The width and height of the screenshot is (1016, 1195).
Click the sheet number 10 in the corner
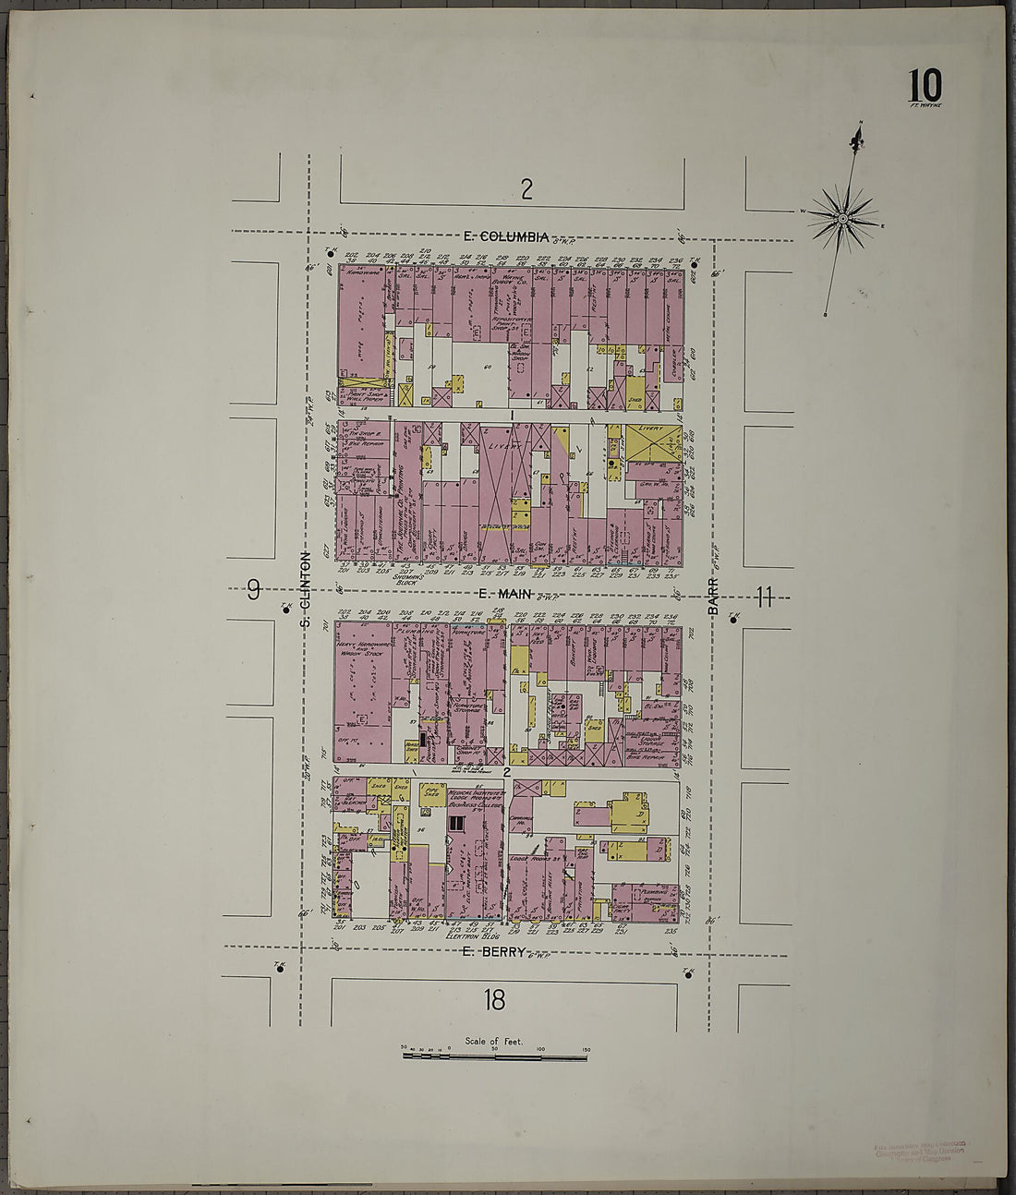point(925,87)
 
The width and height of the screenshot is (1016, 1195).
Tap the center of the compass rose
point(842,219)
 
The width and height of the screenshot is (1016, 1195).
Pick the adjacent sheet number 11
point(763,597)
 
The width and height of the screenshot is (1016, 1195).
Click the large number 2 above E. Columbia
point(526,189)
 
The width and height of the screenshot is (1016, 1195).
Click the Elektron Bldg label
point(472,935)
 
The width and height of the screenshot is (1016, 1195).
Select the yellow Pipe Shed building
point(430,793)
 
